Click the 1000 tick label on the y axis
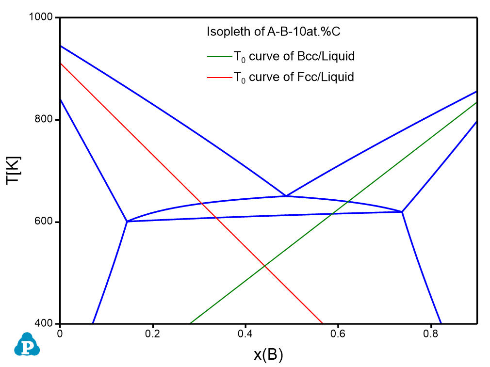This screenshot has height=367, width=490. (x=43, y=17)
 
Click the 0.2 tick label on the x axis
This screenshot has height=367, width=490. (x=152, y=334)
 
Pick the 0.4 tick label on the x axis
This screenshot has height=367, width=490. (x=245, y=334)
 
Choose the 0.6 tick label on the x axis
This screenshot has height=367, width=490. (x=338, y=334)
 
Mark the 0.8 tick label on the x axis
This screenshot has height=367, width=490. (x=431, y=334)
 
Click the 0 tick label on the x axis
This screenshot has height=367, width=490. (x=60, y=334)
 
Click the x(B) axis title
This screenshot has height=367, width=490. (x=268, y=355)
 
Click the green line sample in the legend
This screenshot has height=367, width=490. (x=218, y=56)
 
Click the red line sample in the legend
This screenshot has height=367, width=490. (x=218, y=77)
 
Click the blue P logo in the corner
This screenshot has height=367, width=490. (x=26, y=345)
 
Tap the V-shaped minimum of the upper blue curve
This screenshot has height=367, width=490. (x=286, y=196)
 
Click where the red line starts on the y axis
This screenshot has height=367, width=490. (x=60, y=63)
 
